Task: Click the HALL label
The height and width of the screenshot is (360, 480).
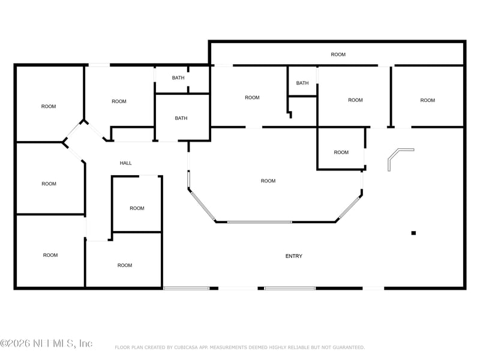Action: pyautogui.click(x=125, y=163)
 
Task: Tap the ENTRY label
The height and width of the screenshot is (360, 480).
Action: pyautogui.click(x=293, y=256)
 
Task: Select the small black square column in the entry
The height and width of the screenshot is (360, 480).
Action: pyautogui.click(x=413, y=233)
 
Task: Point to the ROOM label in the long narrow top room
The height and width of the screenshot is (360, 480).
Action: pyautogui.click(x=338, y=55)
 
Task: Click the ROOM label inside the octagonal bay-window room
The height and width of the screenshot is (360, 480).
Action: pyautogui.click(x=268, y=181)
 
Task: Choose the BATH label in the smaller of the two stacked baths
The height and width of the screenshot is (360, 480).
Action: pyautogui.click(x=178, y=77)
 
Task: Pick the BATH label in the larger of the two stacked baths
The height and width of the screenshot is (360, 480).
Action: pyautogui.click(x=181, y=118)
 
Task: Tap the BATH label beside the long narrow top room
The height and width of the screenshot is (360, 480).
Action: pyautogui.click(x=302, y=83)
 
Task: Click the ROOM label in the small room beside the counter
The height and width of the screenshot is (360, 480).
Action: pyautogui.click(x=341, y=152)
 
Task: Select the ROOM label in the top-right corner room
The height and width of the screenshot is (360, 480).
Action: pyautogui.click(x=427, y=100)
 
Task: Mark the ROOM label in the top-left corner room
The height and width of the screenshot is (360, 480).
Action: pyautogui.click(x=49, y=106)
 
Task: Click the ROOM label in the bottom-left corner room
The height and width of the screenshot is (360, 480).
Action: pyautogui.click(x=50, y=255)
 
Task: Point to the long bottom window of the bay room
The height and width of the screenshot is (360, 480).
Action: pyautogui.click(x=259, y=222)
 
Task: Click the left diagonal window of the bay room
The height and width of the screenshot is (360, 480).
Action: pyautogui.click(x=202, y=205)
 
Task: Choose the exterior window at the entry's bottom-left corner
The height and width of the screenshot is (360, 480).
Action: pyautogui.click(x=187, y=289)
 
